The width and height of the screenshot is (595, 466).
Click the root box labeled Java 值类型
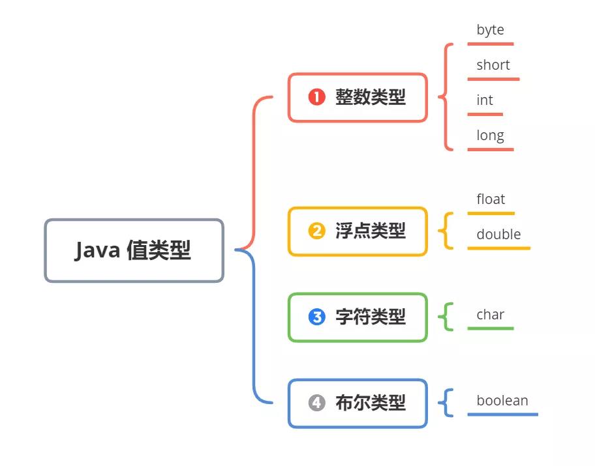pyautogui.click(x=134, y=250)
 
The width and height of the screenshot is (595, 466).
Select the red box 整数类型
pyautogui.click(x=358, y=98)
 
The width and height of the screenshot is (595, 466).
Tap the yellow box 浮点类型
pyautogui.click(x=358, y=231)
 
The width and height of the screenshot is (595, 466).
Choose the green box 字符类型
pyautogui.click(x=358, y=317)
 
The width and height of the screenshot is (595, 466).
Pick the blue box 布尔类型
pyautogui.click(x=358, y=403)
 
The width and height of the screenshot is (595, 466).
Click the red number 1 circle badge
pyautogui.click(x=317, y=98)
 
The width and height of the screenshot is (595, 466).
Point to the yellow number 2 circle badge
pyautogui.click(x=317, y=231)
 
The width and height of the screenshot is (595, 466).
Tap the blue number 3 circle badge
pyautogui.click(x=317, y=317)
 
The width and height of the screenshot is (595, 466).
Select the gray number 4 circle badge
pyautogui.click(x=317, y=403)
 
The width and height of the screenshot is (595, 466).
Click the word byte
pyautogui.click(x=490, y=30)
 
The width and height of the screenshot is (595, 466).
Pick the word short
pyautogui.click(x=493, y=65)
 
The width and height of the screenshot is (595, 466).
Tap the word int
pyautogui.click(x=485, y=100)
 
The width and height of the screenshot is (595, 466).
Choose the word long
pyautogui.click(x=490, y=136)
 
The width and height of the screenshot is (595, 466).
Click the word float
pyautogui.click(x=491, y=199)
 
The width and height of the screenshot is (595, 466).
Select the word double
pyautogui.click(x=498, y=235)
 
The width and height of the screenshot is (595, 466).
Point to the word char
pyautogui.click(x=490, y=315)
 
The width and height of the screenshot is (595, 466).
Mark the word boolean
pyautogui.click(x=502, y=401)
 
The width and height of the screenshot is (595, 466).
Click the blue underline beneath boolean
pyautogui.click(x=502, y=414)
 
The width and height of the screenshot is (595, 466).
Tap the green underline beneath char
pyautogui.click(x=491, y=328)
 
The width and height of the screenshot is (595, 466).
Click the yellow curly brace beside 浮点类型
pyautogui.click(x=448, y=231)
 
